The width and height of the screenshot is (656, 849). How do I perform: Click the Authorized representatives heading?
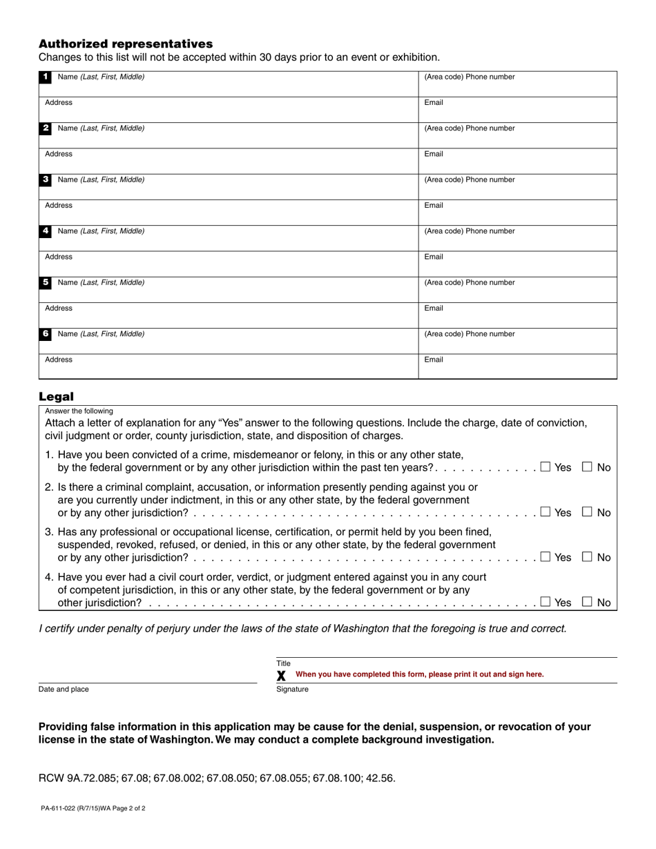pyautogui.click(x=126, y=43)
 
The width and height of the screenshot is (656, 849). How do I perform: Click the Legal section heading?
pyautogui.click(x=56, y=396)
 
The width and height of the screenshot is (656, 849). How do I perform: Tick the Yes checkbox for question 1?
pyautogui.click(x=546, y=467)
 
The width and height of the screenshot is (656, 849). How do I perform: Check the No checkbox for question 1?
pyautogui.click(x=588, y=467)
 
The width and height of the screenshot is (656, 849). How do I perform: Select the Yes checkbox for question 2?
pyautogui.click(x=546, y=512)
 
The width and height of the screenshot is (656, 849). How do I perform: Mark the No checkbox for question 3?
pyautogui.click(x=588, y=557)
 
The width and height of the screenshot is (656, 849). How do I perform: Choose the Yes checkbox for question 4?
pyautogui.click(x=546, y=602)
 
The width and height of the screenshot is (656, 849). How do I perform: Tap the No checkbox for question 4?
pyautogui.click(x=588, y=602)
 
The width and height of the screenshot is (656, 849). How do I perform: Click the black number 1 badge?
pyautogui.click(x=46, y=77)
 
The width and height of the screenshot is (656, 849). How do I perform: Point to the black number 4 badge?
pyautogui.click(x=46, y=231)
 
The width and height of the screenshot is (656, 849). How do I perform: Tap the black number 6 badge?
pyautogui.click(x=46, y=333)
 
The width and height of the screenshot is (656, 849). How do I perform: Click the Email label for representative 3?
pyautogui.click(x=434, y=206)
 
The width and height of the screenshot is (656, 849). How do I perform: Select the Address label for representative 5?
pyautogui.click(x=59, y=309)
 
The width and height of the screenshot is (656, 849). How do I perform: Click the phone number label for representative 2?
pyautogui.click(x=469, y=128)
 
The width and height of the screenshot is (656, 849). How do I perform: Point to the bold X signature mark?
pyautogui.click(x=281, y=675)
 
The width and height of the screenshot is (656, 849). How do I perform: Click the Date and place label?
pyautogui.click(x=64, y=690)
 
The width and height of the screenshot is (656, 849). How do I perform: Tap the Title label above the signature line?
pyautogui.click(x=283, y=663)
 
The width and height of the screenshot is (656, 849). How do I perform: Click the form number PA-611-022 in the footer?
pyautogui.click(x=62, y=808)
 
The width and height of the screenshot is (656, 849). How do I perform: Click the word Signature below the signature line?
pyautogui.click(x=292, y=690)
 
